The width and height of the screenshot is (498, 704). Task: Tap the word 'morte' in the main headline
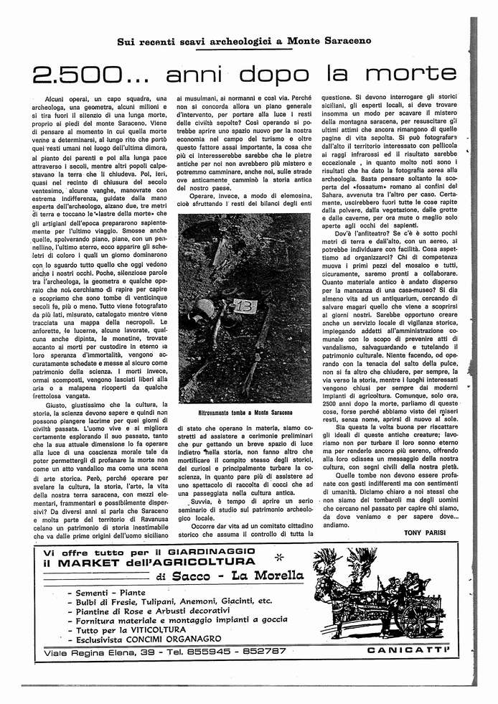click(415, 75)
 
